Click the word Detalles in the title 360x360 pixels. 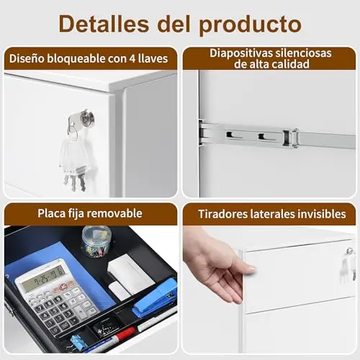click(x=104, y=24)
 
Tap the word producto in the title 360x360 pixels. click(x=250, y=26)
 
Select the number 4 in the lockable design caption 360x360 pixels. click(x=132, y=59)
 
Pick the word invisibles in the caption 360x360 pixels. click(x=322, y=214)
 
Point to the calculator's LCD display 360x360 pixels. click(x=44, y=278)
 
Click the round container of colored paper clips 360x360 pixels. click(x=96, y=242)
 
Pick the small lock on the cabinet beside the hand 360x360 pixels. click(x=350, y=251)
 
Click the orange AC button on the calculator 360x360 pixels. click(x=64, y=286)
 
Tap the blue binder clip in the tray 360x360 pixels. click(x=78, y=342)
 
